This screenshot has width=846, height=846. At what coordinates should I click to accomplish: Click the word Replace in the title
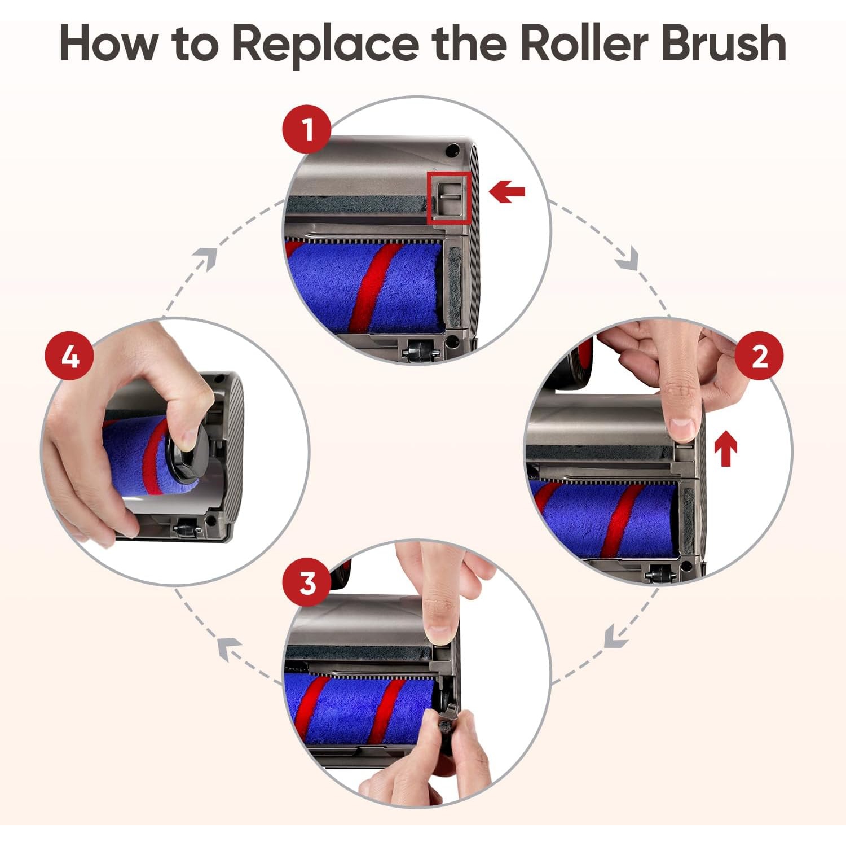point(325,44)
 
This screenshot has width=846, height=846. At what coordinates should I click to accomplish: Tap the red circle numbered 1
point(307,129)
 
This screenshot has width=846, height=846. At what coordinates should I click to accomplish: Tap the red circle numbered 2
point(759,356)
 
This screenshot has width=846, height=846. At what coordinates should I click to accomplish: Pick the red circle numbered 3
point(307,582)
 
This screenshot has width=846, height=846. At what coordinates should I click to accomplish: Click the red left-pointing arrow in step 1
point(507,192)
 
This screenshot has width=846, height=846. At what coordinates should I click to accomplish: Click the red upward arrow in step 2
point(725,449)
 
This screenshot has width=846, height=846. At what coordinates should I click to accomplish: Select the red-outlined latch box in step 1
point(449,198)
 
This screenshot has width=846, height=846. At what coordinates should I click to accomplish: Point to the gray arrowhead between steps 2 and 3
point(615,638)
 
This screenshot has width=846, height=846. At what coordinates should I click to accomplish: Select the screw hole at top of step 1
point(452,151)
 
